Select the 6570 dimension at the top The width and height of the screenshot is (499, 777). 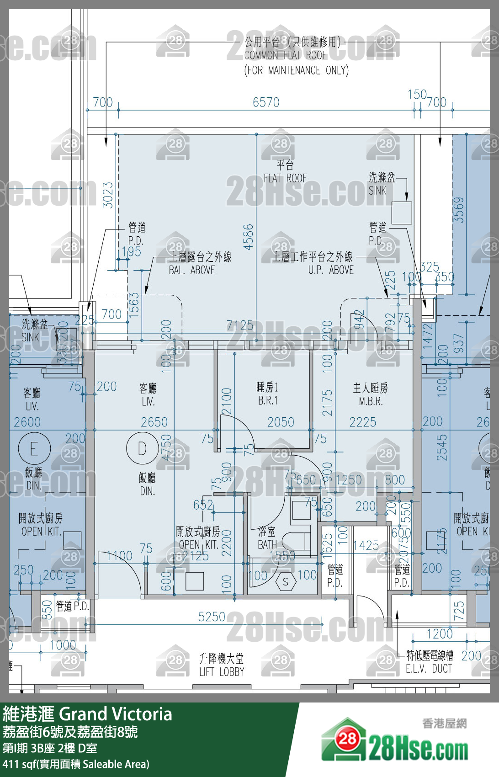click(x=266, y=102)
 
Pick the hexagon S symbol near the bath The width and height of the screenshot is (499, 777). click(x=286, y=581)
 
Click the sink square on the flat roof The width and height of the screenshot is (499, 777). click(x=402, y=213)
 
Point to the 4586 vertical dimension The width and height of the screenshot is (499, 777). click(x=248, y=237)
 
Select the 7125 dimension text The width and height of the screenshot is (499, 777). click(x=240, y=325)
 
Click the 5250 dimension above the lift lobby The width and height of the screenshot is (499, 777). click(x=212, y=617)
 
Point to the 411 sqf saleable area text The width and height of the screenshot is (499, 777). click(x=76, y=764)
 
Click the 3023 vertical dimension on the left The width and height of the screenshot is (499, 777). click(x=108, y=195)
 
